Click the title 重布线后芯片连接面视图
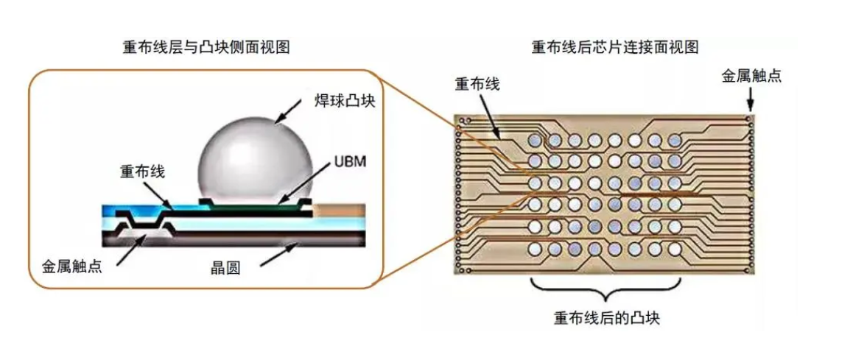click(x=614, y=47)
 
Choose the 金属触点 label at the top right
click(x=751, y=77)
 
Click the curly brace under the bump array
click(x=604, y=289)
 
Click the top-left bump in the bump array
click(x=536, y=140)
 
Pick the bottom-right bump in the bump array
click(x=673, y=250)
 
